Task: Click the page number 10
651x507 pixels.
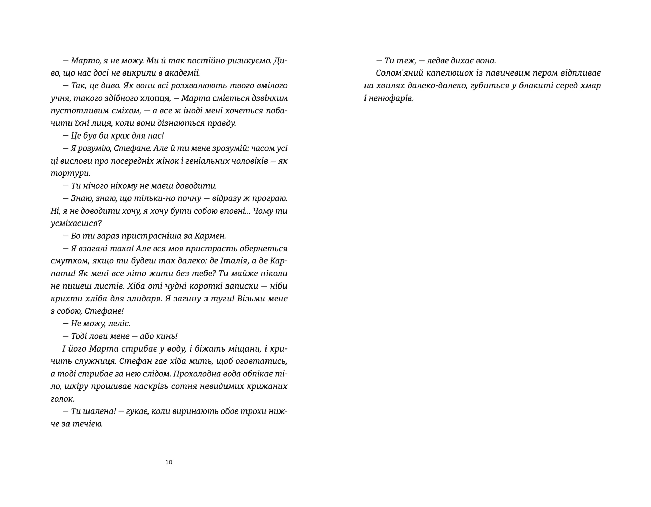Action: point(169,462)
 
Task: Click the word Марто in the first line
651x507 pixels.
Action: point(83,61)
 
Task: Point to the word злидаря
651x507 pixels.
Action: point(139,299)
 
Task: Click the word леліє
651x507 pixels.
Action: point(119,324)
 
